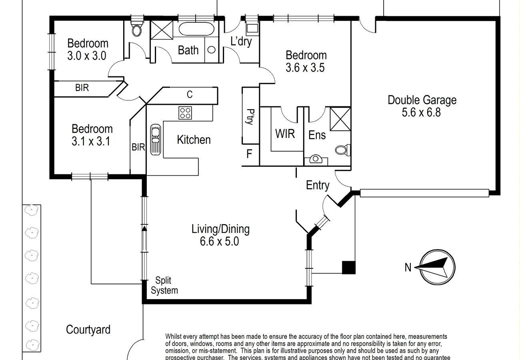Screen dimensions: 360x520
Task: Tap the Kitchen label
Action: click(x=194, y=140)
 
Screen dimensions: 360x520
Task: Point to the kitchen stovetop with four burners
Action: click(x=185, y=112)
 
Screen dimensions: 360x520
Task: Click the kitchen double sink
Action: click(x=155, y=139)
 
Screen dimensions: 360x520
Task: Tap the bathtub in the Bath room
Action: click(x=196, y=30)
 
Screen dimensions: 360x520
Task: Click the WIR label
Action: click(x=285, y=134)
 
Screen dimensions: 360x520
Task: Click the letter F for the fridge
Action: click(x=249, y=154)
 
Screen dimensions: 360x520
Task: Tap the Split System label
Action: click(x=164, y=286)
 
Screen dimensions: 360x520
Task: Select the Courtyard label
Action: click(x=88, y=330)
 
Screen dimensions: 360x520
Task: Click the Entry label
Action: click(x=318, y=185)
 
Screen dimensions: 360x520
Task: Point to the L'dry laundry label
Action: click(x=241, y=41)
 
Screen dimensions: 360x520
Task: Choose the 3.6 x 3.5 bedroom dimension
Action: click(x=305, y=68)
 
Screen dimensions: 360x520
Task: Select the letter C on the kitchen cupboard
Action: click(x=190, y=94)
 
